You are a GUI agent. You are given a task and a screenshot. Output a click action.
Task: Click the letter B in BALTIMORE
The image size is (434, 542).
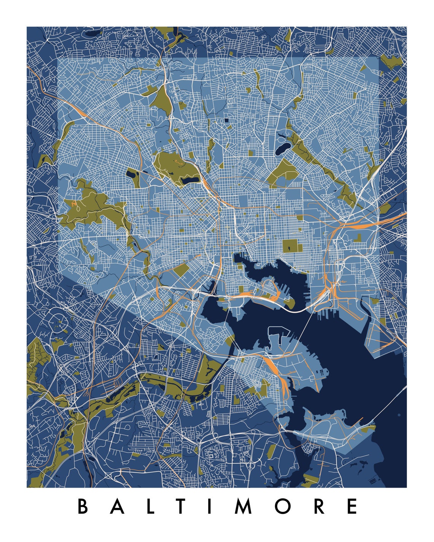point(83,506)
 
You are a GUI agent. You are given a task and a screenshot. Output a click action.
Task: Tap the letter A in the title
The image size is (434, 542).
point(119,506)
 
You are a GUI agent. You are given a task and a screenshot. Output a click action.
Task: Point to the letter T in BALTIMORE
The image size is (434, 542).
point(182,506)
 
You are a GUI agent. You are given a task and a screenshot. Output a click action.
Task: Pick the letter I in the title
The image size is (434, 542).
point(210,506)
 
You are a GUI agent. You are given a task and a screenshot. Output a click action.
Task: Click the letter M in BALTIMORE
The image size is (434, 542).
point(243,506)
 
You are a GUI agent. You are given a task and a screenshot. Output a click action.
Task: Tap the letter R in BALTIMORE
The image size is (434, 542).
point(319,506)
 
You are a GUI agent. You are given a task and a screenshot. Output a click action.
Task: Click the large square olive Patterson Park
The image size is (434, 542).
point(292,246)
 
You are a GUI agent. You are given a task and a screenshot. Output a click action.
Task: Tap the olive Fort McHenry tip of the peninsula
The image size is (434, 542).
point(290,304)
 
